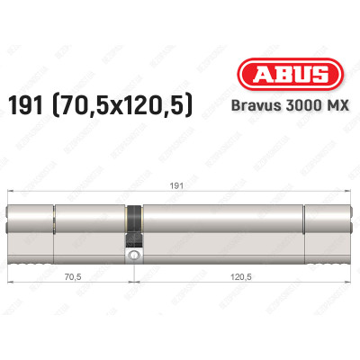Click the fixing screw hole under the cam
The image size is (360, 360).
point(134,256)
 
